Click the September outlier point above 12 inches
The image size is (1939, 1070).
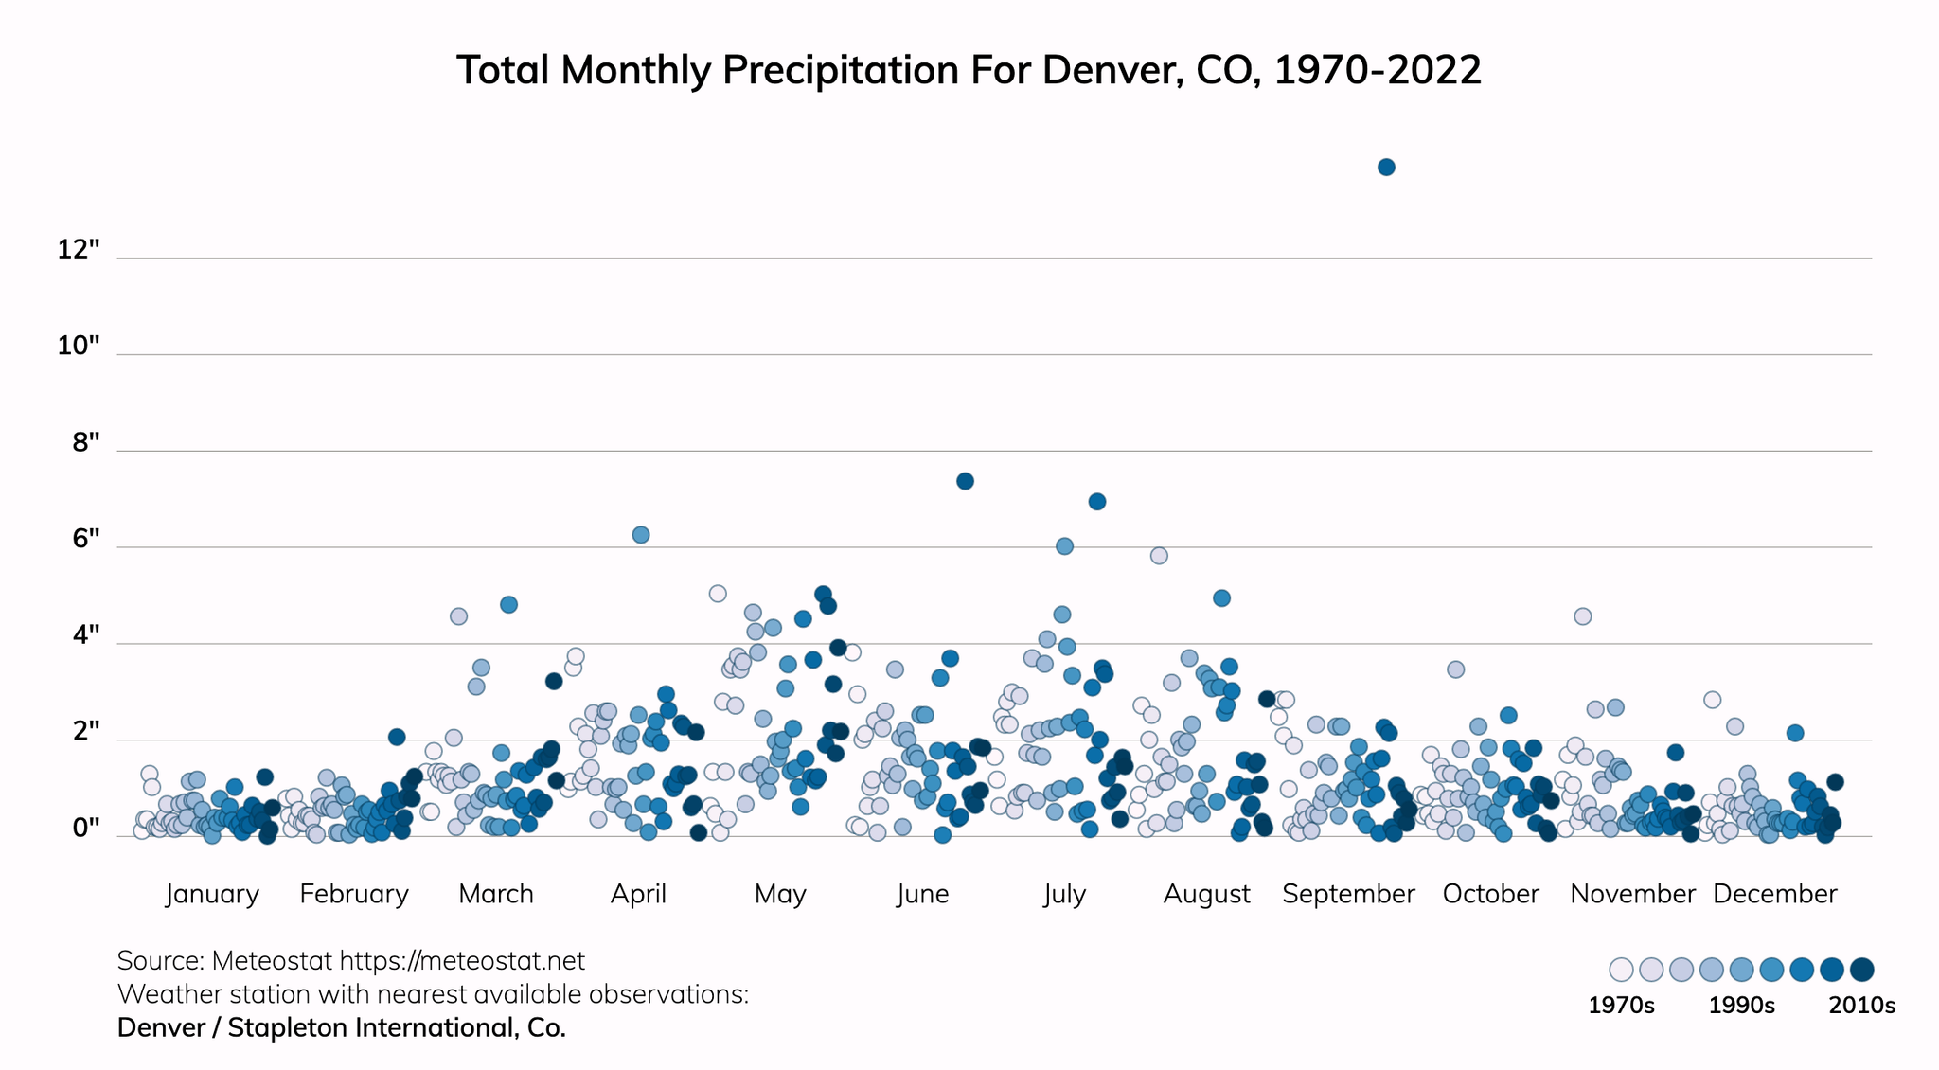[1386, 168]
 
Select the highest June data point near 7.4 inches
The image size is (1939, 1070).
[965, 481]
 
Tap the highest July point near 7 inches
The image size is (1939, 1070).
[1097, 502]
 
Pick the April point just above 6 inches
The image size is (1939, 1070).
[641, 535]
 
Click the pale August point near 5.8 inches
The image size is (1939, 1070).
[1159, 556]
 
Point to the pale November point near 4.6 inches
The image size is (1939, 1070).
[1582, 616]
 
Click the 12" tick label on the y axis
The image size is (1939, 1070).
[78, 250]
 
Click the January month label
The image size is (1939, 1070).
[212, 894]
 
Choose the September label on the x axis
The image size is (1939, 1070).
[1348, 894]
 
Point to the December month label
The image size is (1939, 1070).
[1774, 894]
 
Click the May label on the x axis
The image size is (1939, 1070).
[780, 894]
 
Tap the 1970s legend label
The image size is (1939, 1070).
[1621, 1006]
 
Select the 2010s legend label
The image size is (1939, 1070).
[1861, 1006]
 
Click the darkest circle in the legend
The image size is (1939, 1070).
[1862, 970]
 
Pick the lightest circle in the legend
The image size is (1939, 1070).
[1621, 970]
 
